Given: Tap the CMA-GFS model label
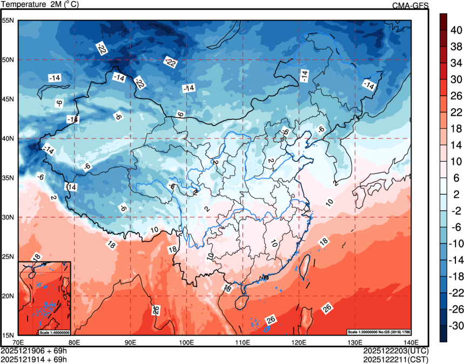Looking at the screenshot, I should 410,5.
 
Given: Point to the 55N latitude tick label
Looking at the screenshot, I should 8,21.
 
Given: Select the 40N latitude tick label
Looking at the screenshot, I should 8,138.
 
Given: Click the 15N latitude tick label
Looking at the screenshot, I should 8,335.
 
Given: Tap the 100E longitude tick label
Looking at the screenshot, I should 186,342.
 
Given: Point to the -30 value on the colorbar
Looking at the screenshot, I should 456,326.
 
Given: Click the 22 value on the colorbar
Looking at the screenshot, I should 456,112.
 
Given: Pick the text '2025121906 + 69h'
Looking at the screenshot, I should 33,350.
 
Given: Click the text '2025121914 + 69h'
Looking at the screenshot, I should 33,359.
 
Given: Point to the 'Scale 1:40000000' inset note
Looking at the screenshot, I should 54,331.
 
